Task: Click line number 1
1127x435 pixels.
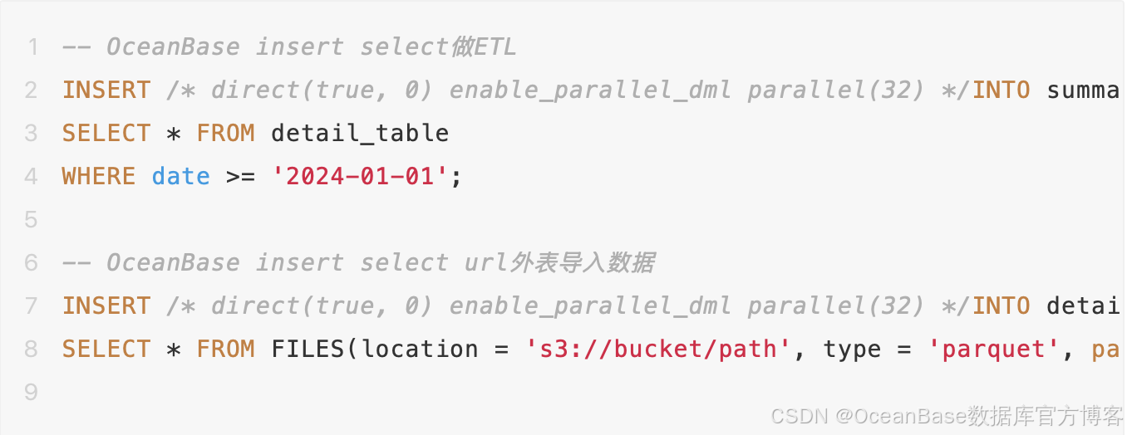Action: (32, 46)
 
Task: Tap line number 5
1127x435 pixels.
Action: (32, 219)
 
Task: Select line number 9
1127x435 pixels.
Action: (32, 392)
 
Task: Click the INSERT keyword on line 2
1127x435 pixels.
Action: (106, 90)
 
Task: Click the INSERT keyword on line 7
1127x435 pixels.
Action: (106, 305)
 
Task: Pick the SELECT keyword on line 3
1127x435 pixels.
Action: (106, 133)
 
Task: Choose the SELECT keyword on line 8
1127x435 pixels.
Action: (106, 349)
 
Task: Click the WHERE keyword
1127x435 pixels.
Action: (99, 176)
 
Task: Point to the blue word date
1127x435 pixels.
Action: (180, 176)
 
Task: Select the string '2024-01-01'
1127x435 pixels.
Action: (361, 176)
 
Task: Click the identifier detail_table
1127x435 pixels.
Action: (360, 133)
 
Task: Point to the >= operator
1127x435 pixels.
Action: (241, 176)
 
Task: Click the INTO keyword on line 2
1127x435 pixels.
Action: (1002, 90)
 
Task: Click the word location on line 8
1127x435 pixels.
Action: (420, 349)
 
